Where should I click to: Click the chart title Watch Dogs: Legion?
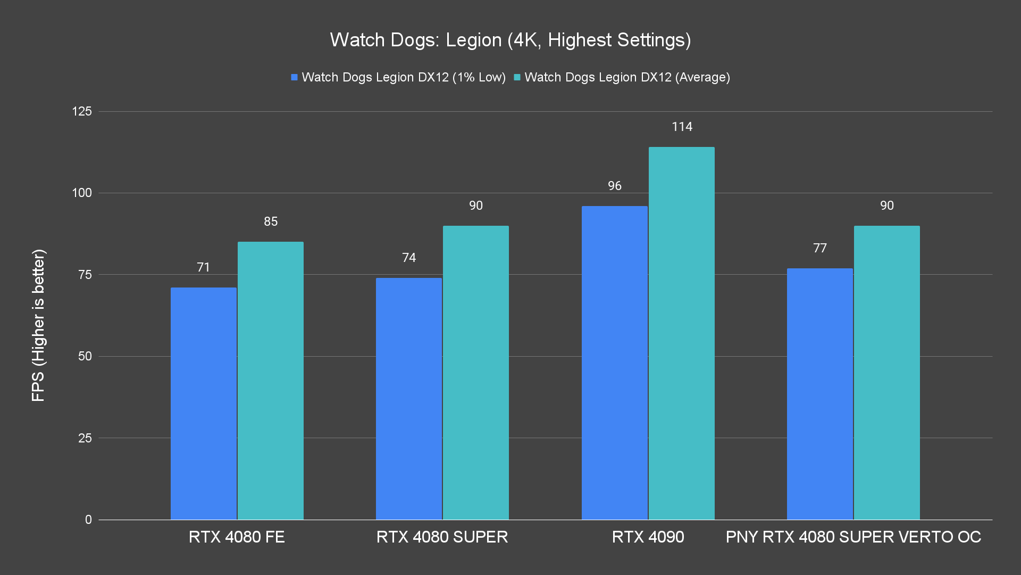(x=510, y=40)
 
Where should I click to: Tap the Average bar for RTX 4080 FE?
(x=271, y=380)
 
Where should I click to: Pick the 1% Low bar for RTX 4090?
(x=614, y=363)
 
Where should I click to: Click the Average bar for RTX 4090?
(x=682, y=333)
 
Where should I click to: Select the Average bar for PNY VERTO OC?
(x=886, y=372)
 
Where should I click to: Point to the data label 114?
(x=682, y=127)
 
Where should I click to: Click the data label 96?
(x=614, y=186)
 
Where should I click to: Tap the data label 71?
(x=204, y=267)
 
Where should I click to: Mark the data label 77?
(x=819, y=248)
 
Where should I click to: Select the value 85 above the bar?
(x=271, y=221)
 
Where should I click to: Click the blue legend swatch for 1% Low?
(x=294, y=78)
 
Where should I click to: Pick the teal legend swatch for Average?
(x=517, y=78)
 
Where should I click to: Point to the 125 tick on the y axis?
(x=82, y=111)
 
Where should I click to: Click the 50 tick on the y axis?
(x=85, y=356)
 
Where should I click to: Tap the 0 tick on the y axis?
(x=88, y=520)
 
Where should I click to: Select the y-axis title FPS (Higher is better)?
(x=38, y=325)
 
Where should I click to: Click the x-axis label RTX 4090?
(x=648, y=537)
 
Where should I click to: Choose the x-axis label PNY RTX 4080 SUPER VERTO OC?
(x=853, y=537)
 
